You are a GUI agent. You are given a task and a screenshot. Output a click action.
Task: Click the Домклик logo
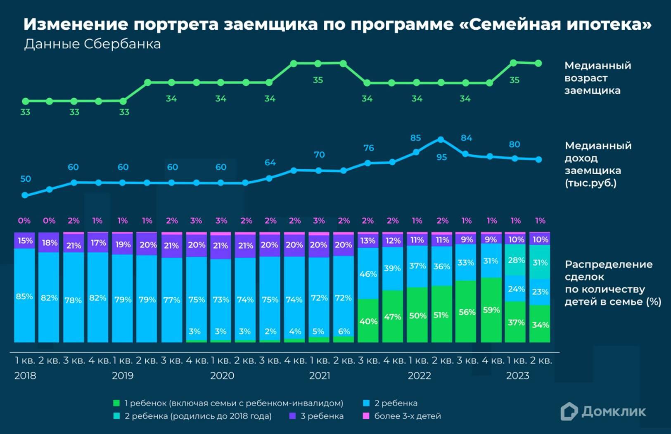click(603, 411)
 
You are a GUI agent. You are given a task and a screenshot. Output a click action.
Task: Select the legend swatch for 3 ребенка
click(293, 416)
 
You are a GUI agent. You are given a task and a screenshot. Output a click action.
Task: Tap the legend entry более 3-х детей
click(407, 416)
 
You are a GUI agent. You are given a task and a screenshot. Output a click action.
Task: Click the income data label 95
click(441, 157)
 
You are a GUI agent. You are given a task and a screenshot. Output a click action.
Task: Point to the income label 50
click(26, 179)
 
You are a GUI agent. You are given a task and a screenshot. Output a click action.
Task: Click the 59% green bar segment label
click(491, 310)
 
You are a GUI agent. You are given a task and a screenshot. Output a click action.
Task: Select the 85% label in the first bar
click(24, 296)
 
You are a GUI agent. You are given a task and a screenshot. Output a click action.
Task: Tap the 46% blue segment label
click(368, 274)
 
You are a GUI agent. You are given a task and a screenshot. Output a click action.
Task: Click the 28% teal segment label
click(516, 260)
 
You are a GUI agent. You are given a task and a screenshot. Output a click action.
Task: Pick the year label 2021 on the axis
click(320, 376)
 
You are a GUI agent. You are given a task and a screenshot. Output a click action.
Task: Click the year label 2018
click(25, 376)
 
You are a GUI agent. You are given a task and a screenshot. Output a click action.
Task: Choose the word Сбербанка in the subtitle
click(122, 44)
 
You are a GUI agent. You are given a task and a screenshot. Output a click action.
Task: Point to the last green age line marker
click(538, 63)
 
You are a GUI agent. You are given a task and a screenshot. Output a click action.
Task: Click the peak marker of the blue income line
click(441, 140)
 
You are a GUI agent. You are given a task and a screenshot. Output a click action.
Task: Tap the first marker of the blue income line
click(25, 195)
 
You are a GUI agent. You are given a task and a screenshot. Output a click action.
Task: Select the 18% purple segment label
click(49, 243)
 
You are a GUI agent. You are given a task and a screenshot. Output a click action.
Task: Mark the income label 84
click(466, 138)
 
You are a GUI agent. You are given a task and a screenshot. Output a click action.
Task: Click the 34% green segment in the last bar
click(540, 325)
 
